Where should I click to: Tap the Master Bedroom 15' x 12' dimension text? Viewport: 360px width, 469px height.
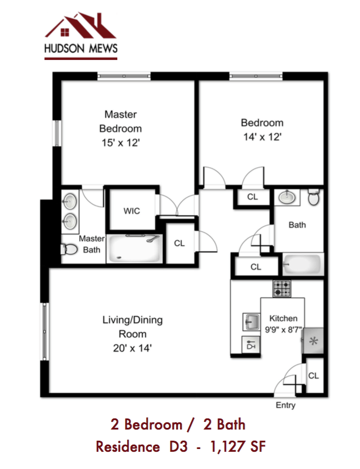point(120,142)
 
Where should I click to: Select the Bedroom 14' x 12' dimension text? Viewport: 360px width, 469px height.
point(262,137)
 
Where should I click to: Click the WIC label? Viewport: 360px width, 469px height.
point(132,211)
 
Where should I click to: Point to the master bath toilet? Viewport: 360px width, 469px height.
point(69,249)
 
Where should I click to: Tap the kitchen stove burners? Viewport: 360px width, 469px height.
point(282,288)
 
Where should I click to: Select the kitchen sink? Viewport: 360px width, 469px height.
point(250,321)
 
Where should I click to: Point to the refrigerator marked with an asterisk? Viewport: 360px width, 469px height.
point(313,341)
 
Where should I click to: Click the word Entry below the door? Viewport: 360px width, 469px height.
point(286,406)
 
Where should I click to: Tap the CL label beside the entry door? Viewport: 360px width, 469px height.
point(313,376)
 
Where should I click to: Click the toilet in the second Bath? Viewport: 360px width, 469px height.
point(314,197)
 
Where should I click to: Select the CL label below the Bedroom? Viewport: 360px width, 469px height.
point(252,197)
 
